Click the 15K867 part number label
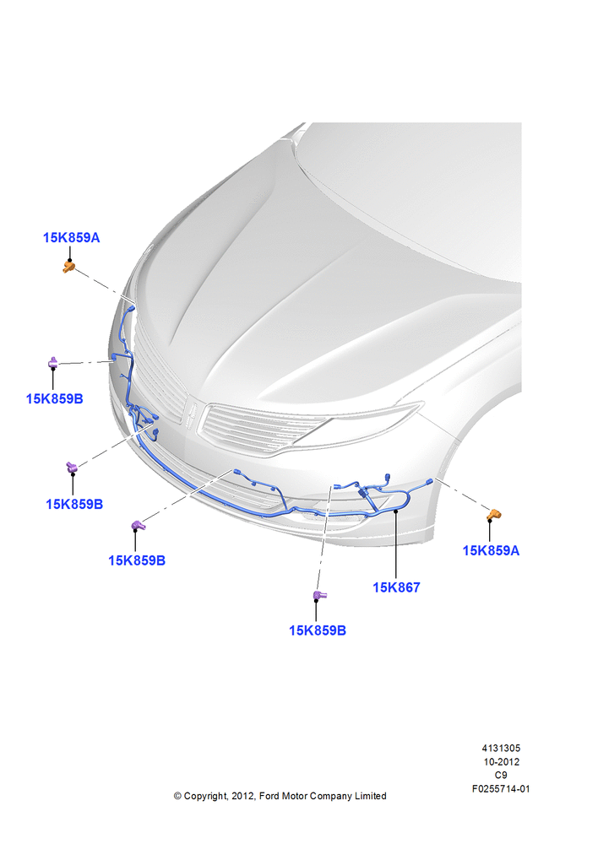click(396, 587)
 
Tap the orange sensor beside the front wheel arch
click(493, 515)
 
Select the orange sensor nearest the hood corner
click(68, 267)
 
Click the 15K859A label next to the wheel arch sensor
click(491, 550)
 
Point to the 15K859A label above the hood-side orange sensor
click(71, 237)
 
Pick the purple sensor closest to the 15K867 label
click(319, 595)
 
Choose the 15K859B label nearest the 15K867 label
click(318, 630)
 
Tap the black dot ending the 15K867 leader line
click(396, 511)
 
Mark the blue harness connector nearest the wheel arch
click(429, 481)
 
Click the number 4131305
click(501, 748)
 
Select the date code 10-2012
click(501, 761)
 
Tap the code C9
click(501, 775)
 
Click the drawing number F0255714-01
click(501, 789)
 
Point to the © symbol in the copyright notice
click(177, 796)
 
